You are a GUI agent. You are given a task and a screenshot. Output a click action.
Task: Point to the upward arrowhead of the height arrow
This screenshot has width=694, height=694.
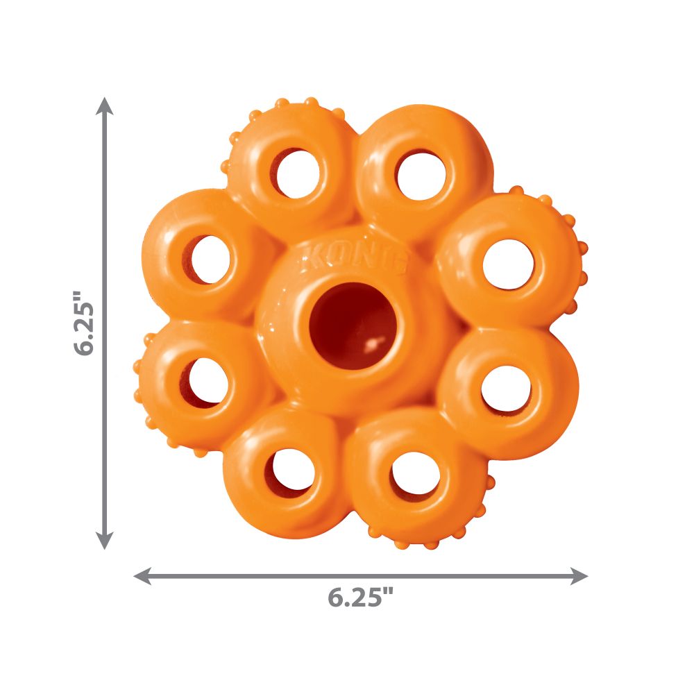pos(105,105)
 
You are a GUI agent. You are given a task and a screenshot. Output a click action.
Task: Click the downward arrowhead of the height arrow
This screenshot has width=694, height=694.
pos(105,541)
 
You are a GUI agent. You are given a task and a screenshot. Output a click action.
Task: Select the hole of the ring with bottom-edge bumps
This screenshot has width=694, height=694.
pos(415,474)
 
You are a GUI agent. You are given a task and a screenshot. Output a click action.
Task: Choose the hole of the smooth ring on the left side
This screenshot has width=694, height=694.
pos(210,259)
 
